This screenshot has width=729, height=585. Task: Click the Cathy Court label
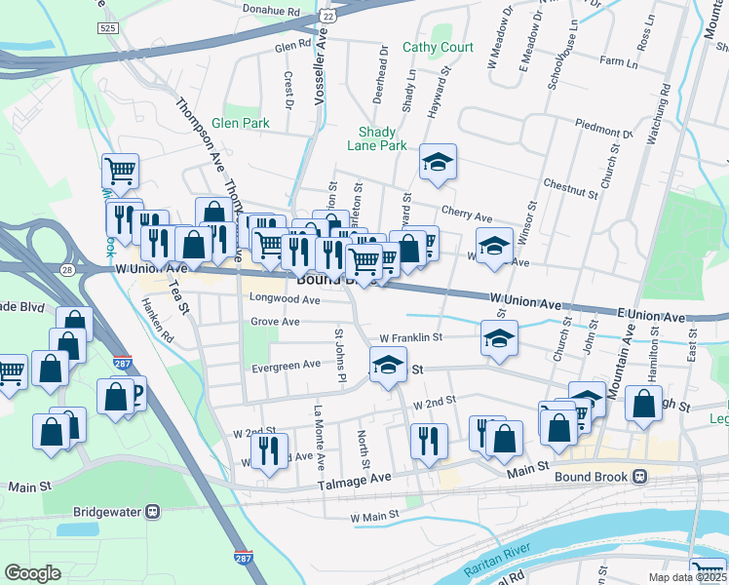coord(438,47)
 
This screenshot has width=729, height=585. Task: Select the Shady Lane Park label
coord(376,138)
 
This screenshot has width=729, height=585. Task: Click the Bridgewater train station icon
coord(153,511)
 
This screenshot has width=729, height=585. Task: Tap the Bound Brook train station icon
coord(640,476)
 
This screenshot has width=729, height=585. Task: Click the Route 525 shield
coord(107,28)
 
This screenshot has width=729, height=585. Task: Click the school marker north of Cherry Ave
coord(439,162)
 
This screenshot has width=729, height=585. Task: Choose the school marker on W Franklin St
coord(498,338)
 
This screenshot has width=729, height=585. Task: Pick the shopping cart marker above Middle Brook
coord(120,171)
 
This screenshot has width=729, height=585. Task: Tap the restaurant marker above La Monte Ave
coord(268,449)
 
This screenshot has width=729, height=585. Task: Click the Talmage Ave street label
coord(354,478)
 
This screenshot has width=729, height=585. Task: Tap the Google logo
coord(32,573)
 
